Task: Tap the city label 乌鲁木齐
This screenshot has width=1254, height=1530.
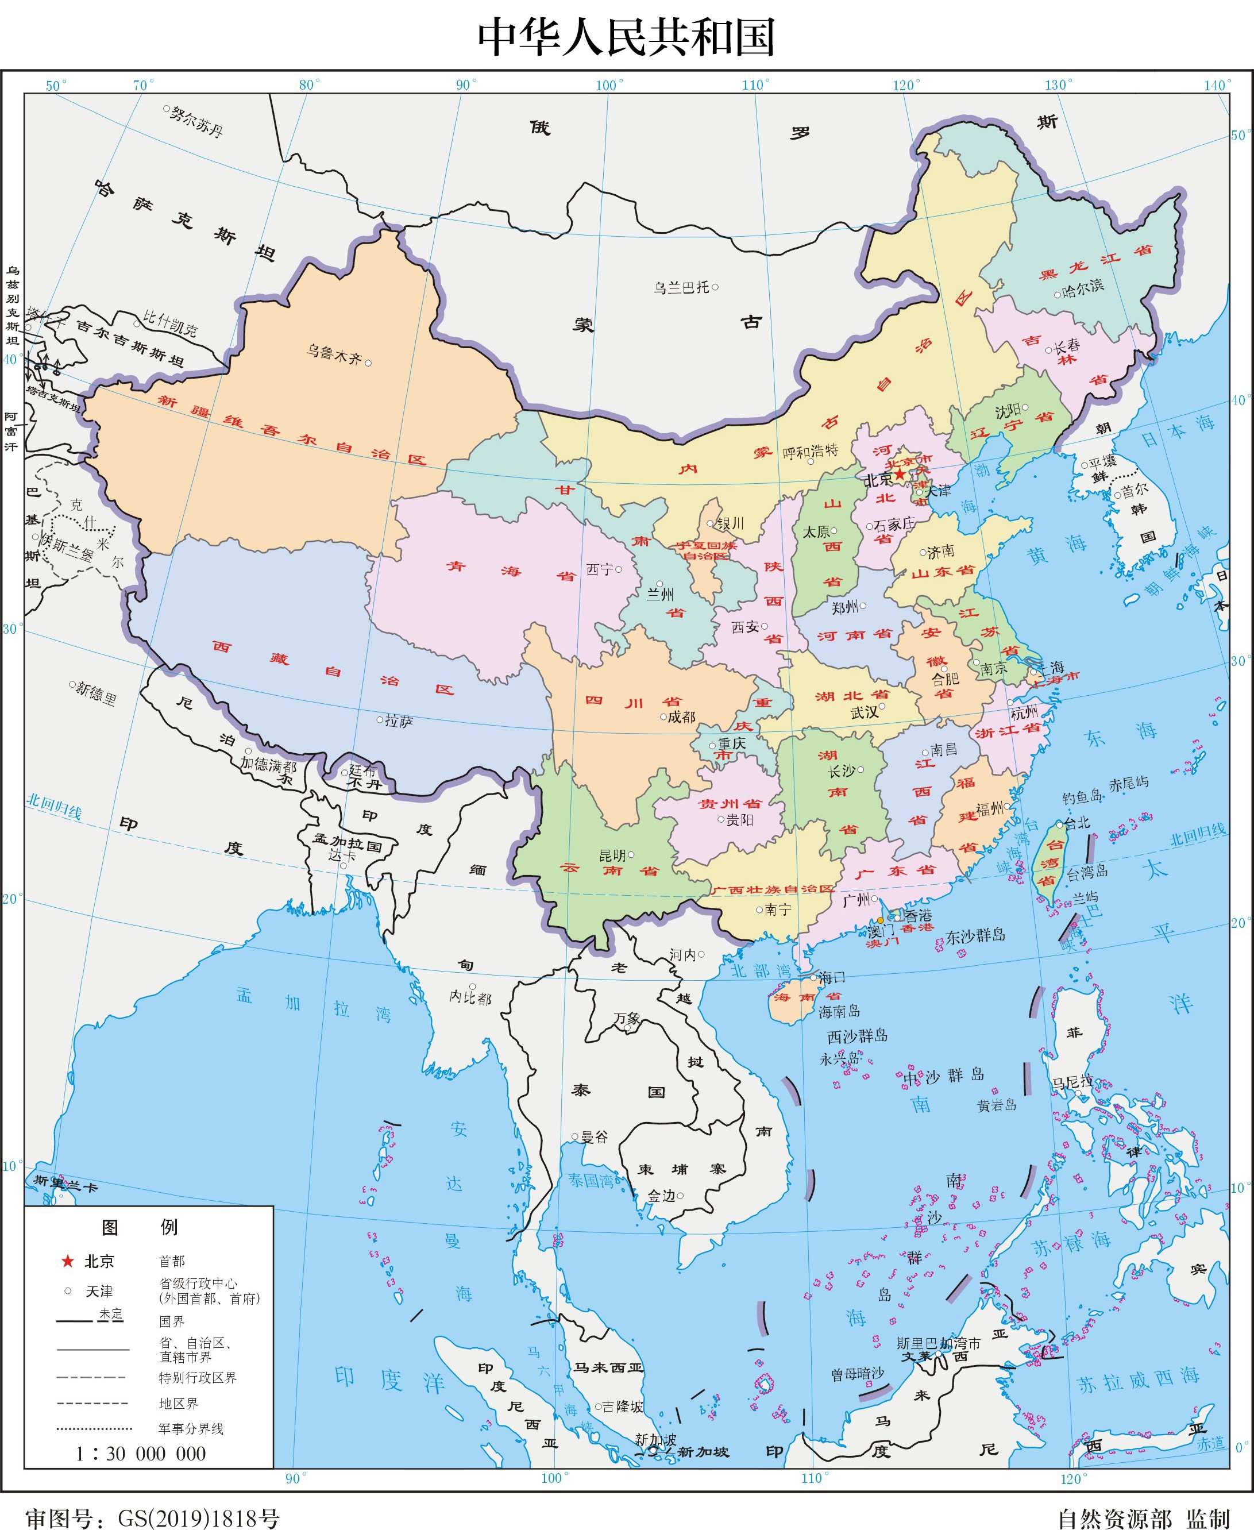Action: tap(334, 354)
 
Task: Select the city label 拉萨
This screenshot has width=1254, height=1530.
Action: tap(399, 721)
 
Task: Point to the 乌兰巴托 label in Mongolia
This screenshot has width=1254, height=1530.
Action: tap(681, 287)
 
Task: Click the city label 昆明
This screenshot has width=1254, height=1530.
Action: tap(612, 855)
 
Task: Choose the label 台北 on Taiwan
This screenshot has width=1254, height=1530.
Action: tap(1077, 823)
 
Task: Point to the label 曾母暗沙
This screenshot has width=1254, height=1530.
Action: tap(858, 1374)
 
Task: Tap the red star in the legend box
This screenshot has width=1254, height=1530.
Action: tap(67, 1261)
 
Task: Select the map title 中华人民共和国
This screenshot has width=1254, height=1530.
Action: tap(626, 37)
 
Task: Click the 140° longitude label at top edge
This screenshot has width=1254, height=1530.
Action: tap(1217, 85)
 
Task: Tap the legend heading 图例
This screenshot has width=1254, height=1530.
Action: tap(140, 1227)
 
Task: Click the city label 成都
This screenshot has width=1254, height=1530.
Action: tap(681, 716)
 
